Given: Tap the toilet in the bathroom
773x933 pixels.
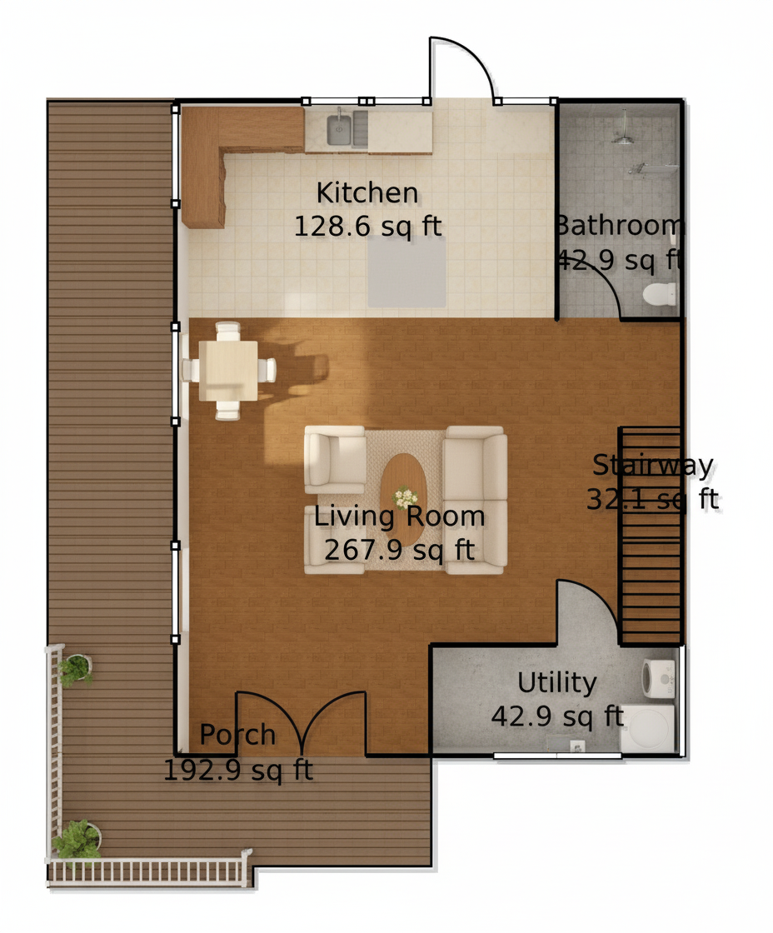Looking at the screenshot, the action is [660, 294].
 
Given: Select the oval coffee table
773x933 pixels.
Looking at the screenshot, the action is [403, 499].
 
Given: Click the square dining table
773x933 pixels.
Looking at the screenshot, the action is [228, 370].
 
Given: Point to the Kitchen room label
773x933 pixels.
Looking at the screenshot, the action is [367, 192].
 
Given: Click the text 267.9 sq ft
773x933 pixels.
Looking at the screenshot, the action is [399, 550].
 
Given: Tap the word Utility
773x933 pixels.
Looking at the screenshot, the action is [557, 683].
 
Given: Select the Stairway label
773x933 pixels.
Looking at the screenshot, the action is [653, 466].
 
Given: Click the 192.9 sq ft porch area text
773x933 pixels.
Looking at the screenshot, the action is [238, 771].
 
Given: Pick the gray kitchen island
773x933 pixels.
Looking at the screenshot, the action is [406, 272].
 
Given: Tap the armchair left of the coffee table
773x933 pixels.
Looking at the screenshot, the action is [335, 459].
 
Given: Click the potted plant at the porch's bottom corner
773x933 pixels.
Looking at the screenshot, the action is [77, 840].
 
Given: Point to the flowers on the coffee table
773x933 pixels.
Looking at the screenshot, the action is [405, 496].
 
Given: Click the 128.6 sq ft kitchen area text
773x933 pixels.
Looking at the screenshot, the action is [367, 226].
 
